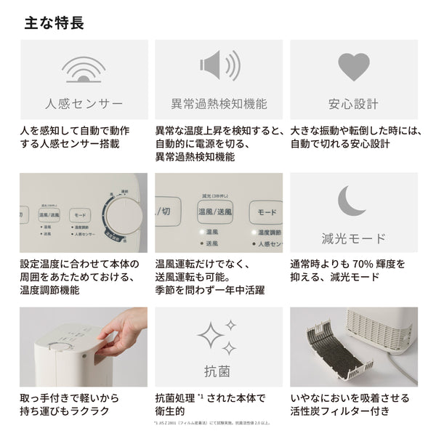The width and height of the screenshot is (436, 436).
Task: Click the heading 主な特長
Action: click(x=54, y=23)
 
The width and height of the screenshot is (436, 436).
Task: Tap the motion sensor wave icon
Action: click(x=84, y=68)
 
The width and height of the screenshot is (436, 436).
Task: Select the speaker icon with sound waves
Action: click(x=219, y=66)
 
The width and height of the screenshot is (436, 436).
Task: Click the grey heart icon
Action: click(x=354, y=66)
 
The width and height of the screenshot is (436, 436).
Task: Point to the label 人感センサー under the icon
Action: click(x=84, y=103)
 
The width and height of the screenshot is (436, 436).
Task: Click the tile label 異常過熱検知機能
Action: click(x=219, y=103)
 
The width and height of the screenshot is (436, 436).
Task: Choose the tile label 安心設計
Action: click(x=354, y=103)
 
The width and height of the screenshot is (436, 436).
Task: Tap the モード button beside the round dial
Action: click(x=80, y=215)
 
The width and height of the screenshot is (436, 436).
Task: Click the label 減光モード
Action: click(x=354, y=238)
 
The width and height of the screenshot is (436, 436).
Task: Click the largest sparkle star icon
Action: click(x=211, y=336)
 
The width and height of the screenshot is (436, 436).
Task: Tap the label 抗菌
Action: click(x=219, y=373)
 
